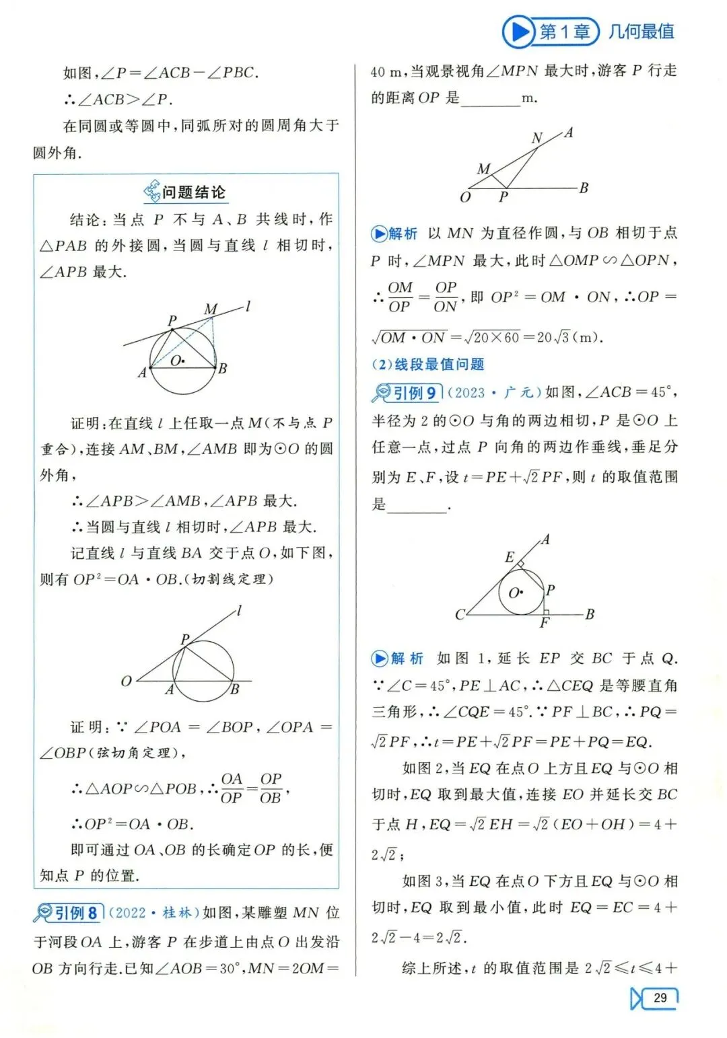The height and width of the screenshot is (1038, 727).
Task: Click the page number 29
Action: [660, 998]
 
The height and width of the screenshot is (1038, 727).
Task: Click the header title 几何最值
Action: [642, 32]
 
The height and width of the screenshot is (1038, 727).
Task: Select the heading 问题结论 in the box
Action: [193, 192]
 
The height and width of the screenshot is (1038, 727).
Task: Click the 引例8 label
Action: [75, 913]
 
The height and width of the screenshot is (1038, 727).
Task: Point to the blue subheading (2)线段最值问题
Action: [428, 365]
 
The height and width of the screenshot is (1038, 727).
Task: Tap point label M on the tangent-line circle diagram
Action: [211, 309]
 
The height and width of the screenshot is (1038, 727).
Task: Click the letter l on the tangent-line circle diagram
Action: [248, 306]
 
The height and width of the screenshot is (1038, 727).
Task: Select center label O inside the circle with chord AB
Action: [176, 361]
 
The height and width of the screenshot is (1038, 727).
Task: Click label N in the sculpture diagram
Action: [536, 139]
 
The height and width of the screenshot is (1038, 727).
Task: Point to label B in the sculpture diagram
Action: [584, 188]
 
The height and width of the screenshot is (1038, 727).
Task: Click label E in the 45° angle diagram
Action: [510, 557]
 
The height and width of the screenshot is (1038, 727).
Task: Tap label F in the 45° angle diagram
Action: [545, 624]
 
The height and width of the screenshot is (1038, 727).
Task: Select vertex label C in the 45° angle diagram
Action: [460, 614]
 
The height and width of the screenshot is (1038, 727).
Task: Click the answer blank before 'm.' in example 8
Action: [491, 99]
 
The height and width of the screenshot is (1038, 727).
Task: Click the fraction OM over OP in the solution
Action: [400, 297]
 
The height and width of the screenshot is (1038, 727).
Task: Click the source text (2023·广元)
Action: [494, 393]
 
